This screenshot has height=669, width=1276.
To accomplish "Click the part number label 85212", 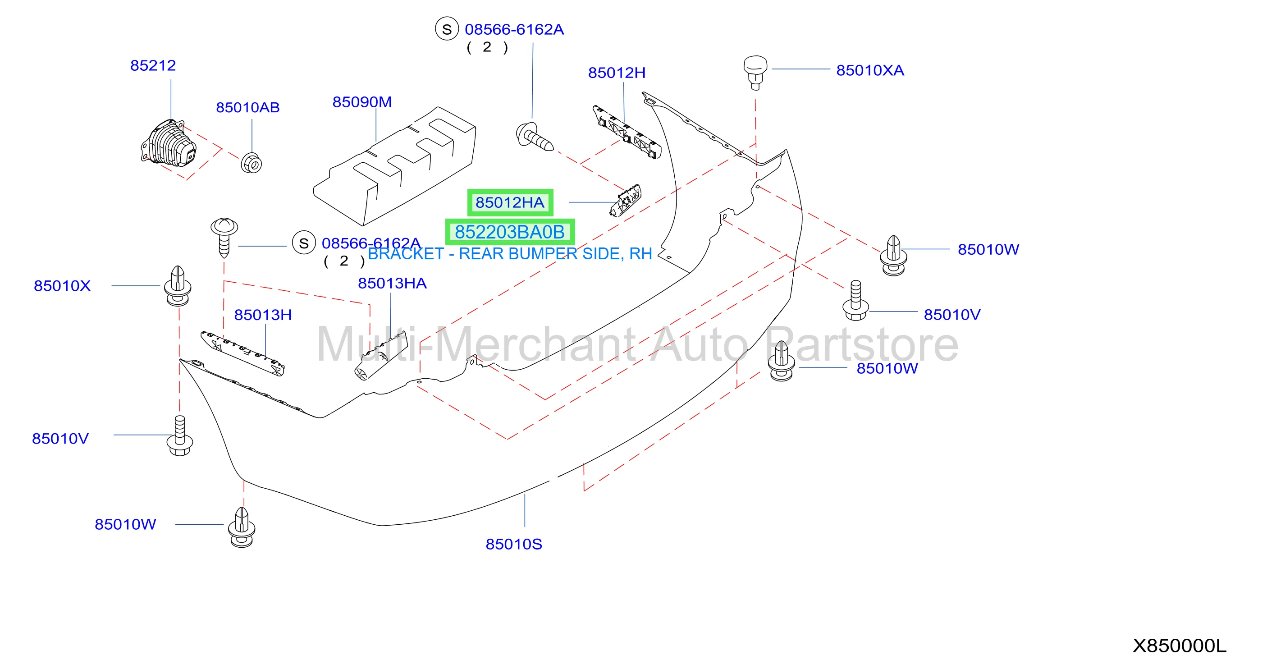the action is pos(153,65).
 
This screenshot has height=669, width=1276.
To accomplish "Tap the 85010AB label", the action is pos(247,108).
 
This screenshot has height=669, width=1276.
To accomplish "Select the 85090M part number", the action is pos(362,102).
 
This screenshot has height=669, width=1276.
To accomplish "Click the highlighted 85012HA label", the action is pos(510,202).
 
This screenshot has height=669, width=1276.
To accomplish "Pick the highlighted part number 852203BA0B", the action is pos(510,232).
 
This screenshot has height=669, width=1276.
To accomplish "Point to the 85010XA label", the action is pos(870,70).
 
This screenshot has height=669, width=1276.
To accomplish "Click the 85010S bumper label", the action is pos(514,544).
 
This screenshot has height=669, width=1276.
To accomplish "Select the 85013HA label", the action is pos(392,284).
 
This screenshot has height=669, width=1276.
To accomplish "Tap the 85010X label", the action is pos(62,286).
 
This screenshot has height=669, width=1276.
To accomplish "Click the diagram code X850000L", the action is pos(1180,646).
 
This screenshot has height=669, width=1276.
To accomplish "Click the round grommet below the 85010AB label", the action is pos(251,163).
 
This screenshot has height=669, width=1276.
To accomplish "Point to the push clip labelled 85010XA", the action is pos(755,72).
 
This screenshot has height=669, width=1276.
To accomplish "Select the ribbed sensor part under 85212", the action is pos(169,143).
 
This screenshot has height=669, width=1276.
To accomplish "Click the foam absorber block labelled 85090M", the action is pos(395,166).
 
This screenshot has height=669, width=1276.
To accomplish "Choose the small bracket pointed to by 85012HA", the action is pos(625,200).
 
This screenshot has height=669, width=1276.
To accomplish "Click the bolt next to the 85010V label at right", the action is pos(855,301).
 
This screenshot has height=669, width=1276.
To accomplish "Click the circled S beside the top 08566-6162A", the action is pos(447,29).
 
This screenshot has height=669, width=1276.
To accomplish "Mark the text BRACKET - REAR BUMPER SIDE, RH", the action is pos(510,254).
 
